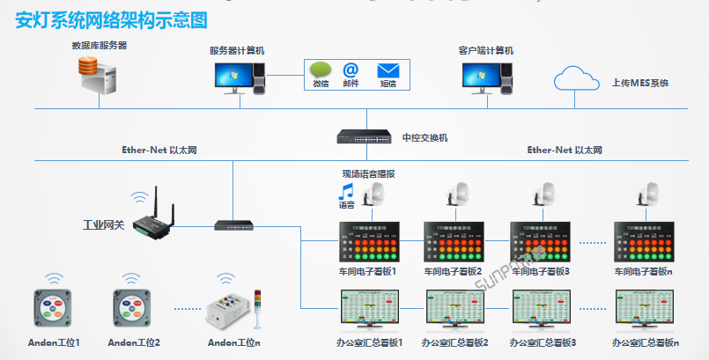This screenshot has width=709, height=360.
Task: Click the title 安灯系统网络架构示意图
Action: (111, 18)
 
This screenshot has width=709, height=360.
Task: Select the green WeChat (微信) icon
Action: (320, 70)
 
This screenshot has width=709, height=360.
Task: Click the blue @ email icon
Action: (351, 70)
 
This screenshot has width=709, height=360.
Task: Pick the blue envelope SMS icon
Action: (388, 70)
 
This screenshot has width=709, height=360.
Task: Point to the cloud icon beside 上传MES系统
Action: (578, 81)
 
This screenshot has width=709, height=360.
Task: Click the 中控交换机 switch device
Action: (363, 137)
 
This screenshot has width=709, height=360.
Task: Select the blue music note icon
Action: (347, 191)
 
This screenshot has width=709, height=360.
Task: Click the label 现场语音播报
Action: (369, 174)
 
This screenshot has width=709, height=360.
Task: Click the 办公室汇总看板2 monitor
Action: (454, 310)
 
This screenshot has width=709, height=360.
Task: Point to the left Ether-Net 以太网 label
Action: (159, 150)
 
